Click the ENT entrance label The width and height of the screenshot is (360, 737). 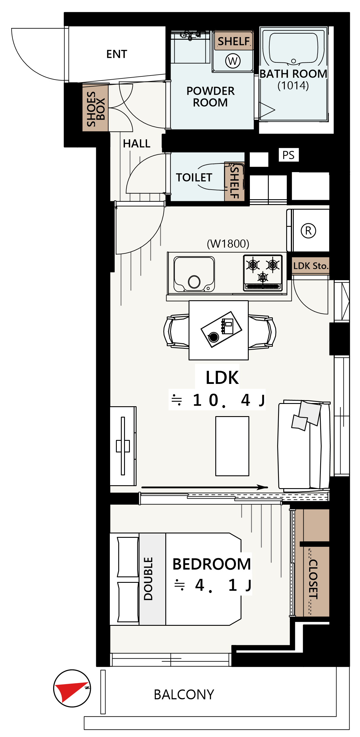[x=117, y=54]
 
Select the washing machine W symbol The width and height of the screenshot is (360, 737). [x=233, y=61]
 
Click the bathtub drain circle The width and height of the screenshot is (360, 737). [x=293, y=61]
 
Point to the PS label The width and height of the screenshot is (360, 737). [x=289, y=155]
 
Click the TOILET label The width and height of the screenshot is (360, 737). [x=194, y=177]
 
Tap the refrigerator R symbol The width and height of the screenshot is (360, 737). [x=309, y=231]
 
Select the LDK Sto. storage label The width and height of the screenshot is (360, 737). [x=311, y=266]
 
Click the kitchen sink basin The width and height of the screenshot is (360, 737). [x=194, y=274]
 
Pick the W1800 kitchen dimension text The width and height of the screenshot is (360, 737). [x=228, y=244]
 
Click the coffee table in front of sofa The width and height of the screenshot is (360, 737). [x=232, y=446]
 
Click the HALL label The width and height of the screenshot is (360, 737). [x=137, y=143]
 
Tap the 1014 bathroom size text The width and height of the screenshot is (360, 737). [x=293, y=85]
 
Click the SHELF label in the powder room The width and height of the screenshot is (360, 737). [x=234, y=42]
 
